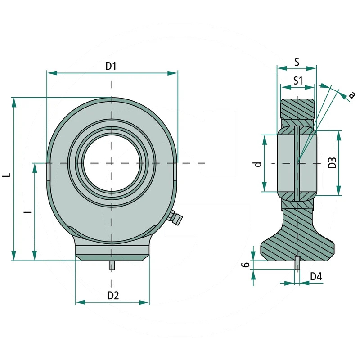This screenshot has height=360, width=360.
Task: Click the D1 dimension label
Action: point(111,66)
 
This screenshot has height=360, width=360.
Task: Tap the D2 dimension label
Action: point(113,296)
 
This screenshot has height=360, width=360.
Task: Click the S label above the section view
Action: point(297,63)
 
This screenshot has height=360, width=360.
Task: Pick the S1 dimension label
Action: point(297,81)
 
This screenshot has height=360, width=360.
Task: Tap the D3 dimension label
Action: point(333,162)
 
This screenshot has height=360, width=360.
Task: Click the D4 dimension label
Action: point(316,277)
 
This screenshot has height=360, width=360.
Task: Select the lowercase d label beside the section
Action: point(257,163)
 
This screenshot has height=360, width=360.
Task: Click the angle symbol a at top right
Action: point(352,94)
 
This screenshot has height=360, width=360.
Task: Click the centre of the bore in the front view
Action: point(112,162)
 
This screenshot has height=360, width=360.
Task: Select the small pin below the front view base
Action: point(112,265)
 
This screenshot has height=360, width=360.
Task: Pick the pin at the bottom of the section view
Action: point(297,263)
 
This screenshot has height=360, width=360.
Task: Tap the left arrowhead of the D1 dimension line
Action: point(50,72)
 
